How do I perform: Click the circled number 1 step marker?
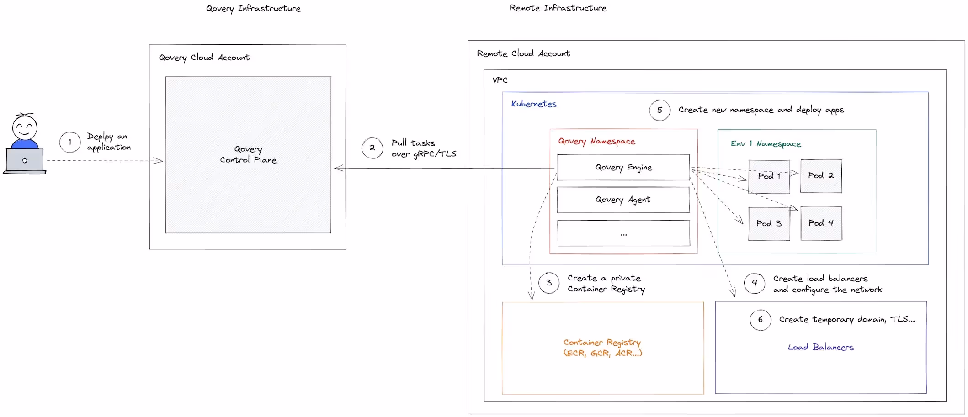click(x=70, y=142)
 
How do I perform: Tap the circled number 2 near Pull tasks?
click(x=372, y=148)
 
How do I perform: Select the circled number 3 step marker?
click(x=548, y=283)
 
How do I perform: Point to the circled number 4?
click(x=754, y=283)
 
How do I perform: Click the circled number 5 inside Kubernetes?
click(x=660, y=110)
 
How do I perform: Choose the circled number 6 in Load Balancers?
click(x=760, y=320)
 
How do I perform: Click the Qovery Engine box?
click(x=623, y=167)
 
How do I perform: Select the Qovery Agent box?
click(x=623, y=200)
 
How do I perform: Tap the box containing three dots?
click(x=623, y=233)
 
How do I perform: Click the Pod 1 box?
click(x=769, y=176)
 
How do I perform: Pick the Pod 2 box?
click(x=821, y=176)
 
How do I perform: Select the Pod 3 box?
click(x=769, y=223)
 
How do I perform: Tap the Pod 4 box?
click(x=821, y=223)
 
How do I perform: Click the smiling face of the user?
click(x=25, y=127)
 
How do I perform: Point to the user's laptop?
click(x=25, y=160)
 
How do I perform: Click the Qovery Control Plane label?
click(x=248, y=154)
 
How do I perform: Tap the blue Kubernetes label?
click(x=533, y=104)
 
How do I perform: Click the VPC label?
click(x=500, y=80)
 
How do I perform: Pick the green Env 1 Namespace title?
click(x=766, y=144)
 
